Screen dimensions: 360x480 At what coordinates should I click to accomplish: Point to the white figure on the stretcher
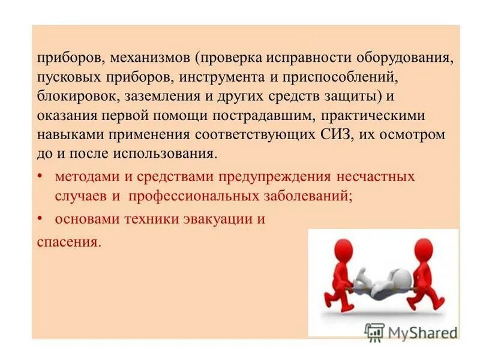pos(384,282)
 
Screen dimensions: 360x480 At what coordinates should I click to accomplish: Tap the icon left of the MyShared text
pos(374,332)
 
